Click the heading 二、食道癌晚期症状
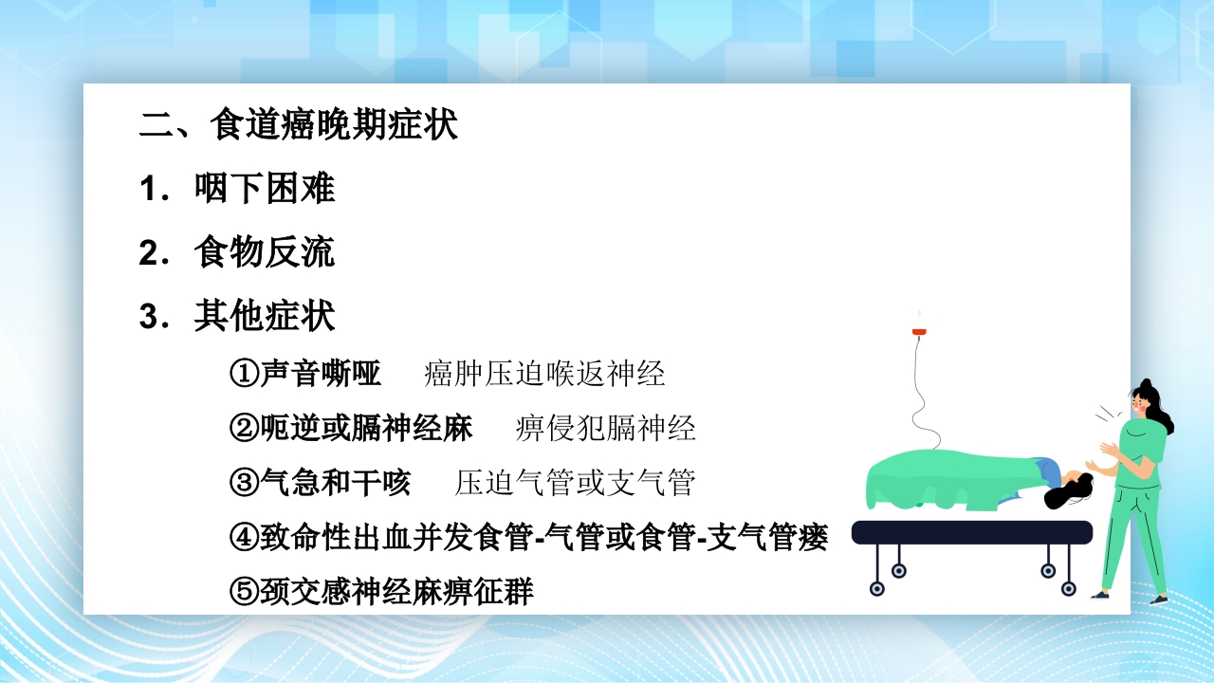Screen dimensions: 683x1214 point(299,125)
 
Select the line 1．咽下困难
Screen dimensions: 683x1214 point(237,188)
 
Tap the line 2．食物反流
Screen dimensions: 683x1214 point(237,252)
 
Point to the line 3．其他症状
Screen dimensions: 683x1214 point(237,316)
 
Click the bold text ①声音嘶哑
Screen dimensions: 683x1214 point(305,374)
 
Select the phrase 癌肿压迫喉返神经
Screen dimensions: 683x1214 point(544,374)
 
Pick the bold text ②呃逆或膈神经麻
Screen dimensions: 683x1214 point(351,429)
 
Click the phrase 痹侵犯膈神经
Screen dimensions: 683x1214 point(606,429)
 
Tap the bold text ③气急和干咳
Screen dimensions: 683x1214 point(321,483)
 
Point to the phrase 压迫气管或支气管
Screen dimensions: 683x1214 point(576,483)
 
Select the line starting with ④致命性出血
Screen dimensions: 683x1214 point(529,538)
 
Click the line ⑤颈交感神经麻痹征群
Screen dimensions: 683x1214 point(381,593)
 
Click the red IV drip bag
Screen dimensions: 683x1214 point(918,331)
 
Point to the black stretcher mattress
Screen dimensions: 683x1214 point(971,532)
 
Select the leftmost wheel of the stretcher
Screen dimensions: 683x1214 point(877,588)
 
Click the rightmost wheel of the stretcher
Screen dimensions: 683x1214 point(1069,588)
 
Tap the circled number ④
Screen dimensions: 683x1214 point(244,538)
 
